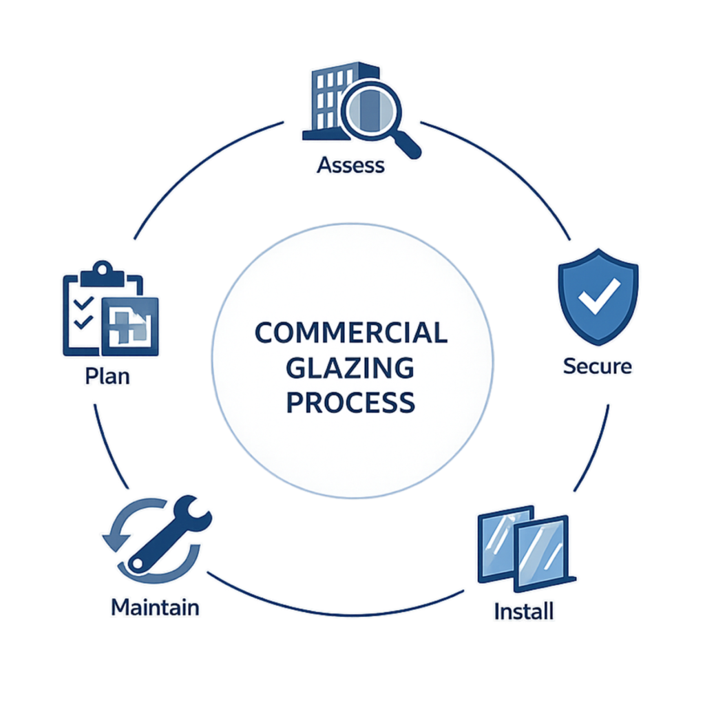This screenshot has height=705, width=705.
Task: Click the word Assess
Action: click(351, 166)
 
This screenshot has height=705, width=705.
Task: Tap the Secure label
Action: click(597, 366)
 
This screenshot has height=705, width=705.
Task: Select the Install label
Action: click(524, 610)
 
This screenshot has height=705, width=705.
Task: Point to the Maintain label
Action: click(156, 608)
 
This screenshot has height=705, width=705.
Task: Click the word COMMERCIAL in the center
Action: click(351, 333)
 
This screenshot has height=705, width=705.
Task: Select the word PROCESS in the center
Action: click(351, 401)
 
